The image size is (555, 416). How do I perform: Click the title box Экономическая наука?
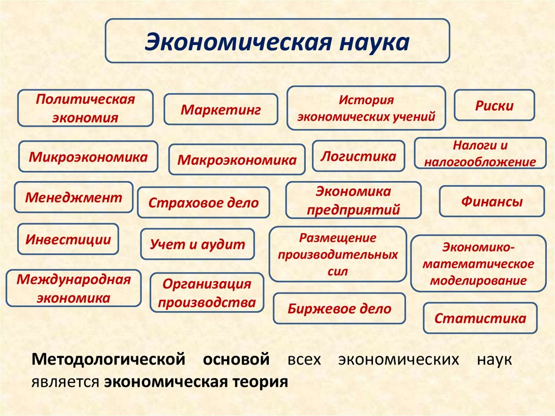coord(277,41)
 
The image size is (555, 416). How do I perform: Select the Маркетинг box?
coord(221,110)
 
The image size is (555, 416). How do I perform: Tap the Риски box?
coord(494,105)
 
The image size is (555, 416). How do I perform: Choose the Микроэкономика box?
coord(88,157)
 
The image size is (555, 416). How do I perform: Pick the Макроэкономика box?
coord(237,160)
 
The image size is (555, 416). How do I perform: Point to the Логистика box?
coord(358,157)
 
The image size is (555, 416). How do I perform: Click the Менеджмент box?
coord(74,197)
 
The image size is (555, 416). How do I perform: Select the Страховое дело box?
coord(203,203)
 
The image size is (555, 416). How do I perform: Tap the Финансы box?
coord(492,202)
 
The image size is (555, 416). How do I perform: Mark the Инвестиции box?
coord(68,239)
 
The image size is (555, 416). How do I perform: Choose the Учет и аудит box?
coord(197,245)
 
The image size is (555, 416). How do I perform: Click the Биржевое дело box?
coord(339,309)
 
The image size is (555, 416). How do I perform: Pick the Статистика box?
coord(480,318)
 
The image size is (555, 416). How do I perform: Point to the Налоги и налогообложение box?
coord(480,153)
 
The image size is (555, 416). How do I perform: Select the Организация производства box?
coord(206,293)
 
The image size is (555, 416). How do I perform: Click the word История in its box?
coord(366,100)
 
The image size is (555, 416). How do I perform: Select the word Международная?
coord(74,280)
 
